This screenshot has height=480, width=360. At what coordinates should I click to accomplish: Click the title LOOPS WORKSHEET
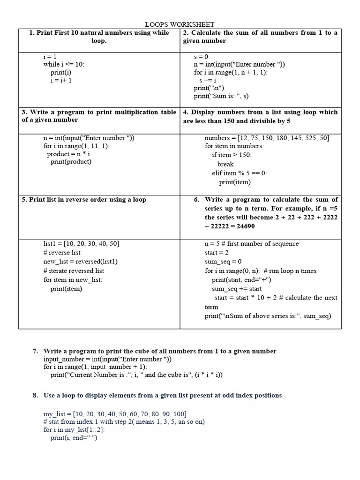tap(180, 24)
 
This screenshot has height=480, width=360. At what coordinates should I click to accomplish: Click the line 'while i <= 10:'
tap(64, 65)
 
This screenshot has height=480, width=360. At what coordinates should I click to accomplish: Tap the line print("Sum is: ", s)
tap(221, 96)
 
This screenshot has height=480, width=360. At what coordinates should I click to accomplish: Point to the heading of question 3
tap(99, 116)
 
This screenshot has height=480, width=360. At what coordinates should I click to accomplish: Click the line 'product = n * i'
tap(68, 154)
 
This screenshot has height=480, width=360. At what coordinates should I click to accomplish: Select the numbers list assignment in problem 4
tap(267, 138)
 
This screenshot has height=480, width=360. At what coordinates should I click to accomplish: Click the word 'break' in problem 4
tap(225, 165)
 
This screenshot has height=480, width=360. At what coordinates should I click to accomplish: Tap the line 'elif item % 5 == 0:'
tap(239, 173)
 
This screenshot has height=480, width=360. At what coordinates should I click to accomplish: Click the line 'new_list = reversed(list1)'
tap(80, 262)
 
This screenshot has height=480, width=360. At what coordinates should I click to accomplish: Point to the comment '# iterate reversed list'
tap(74, 271)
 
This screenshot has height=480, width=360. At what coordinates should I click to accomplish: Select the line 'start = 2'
tap(216, 253)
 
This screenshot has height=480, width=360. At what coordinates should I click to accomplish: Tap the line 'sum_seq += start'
tap(237, 289)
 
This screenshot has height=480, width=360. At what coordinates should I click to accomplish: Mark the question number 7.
tap(35, 351)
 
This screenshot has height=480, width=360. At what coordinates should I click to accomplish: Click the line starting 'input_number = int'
tap(108, 359)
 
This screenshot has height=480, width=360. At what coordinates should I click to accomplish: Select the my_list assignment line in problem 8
tap(115, 414)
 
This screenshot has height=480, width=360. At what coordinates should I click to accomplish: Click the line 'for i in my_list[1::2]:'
tap(74, 430)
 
